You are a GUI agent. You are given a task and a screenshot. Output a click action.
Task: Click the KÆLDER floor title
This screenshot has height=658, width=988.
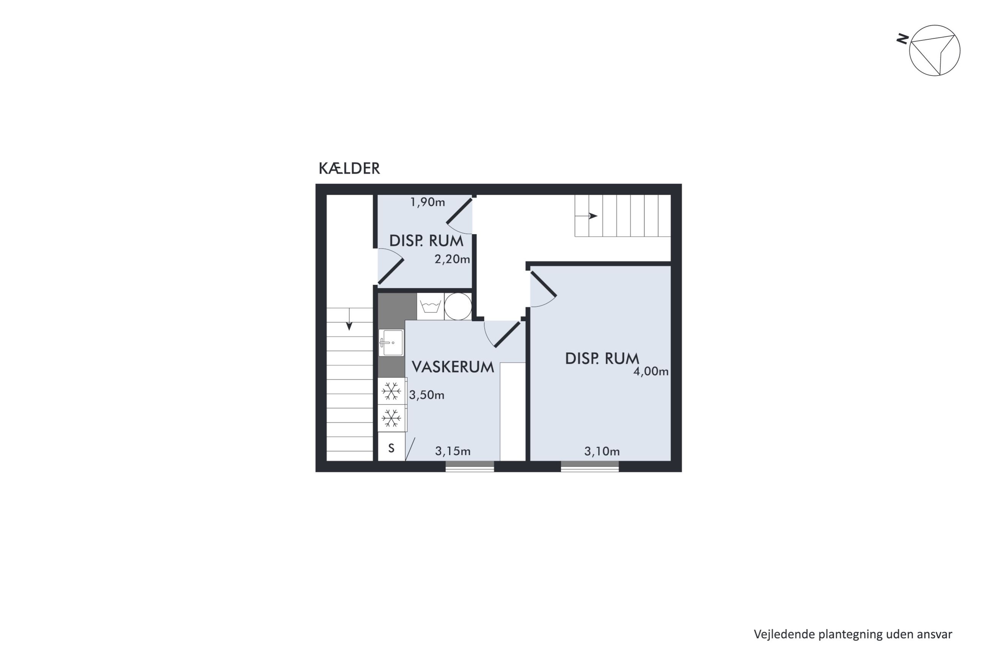[x=349, y=168]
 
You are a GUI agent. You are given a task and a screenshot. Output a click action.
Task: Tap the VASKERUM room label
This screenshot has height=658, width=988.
[x=453, y=367]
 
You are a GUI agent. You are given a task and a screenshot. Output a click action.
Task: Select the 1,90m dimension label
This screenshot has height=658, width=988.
[x=427, y=202]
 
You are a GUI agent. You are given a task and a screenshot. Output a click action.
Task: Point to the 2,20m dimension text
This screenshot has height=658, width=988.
[x=452, y=259]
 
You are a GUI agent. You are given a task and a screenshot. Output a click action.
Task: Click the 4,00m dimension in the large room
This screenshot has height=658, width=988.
[x=651, y=371]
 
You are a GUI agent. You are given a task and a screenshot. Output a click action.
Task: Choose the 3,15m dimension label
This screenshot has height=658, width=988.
[x=453, y=451]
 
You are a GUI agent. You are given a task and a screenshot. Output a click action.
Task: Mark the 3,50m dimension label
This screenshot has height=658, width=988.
[x=427, y=395]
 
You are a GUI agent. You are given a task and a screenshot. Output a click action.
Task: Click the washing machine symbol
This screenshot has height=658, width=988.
[x=431, y=306]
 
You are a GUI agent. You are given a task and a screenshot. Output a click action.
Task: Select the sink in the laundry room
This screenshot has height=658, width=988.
[x=391, y=342]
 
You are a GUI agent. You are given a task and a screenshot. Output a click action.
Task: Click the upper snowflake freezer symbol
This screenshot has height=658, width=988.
[x=391, y=391]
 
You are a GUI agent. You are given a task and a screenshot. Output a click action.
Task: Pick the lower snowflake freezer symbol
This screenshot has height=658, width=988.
[x=391, y=418]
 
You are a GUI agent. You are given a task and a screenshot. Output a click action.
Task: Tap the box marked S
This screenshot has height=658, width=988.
[x=391, y=448]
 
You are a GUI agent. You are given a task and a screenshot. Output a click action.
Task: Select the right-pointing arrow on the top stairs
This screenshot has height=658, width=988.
[x=586, y=216]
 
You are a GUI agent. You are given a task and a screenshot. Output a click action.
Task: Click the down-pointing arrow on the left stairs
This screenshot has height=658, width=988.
[x=349, y=319]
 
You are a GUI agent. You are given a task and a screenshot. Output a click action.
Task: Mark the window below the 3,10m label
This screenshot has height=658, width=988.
[x=589, y=466]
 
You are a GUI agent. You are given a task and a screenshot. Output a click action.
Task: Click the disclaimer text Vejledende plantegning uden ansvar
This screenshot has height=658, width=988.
[x=853, y=634]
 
